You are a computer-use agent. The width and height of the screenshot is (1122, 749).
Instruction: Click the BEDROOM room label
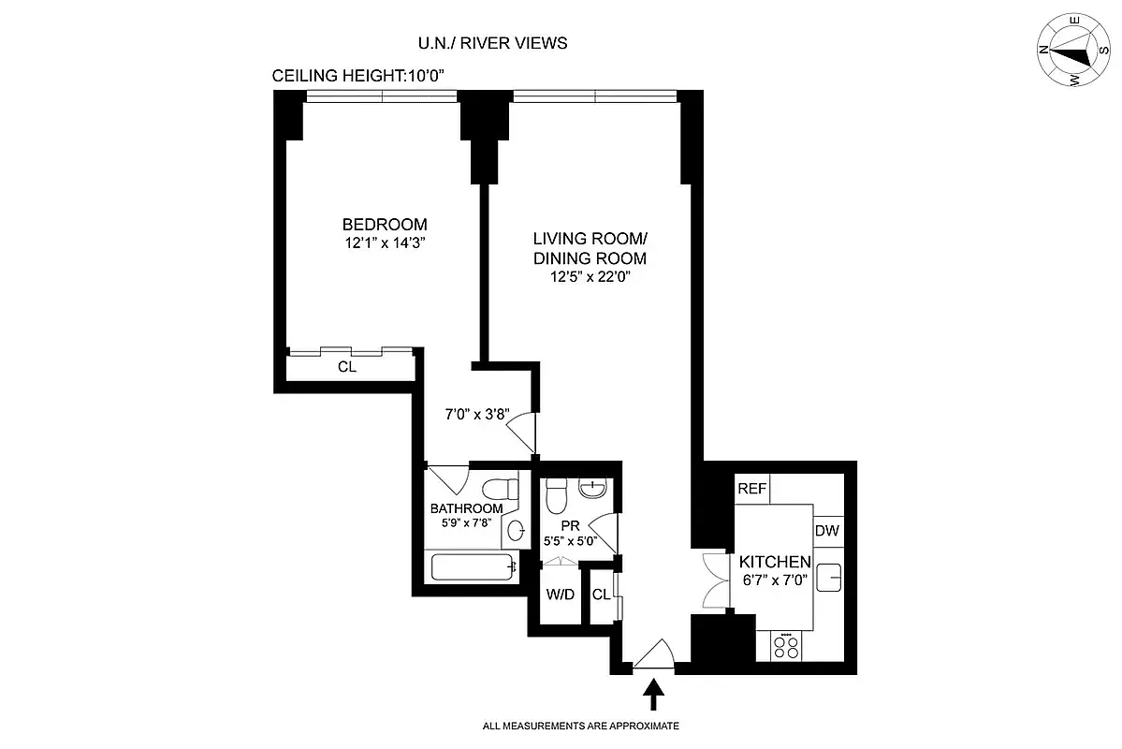pos(385,225)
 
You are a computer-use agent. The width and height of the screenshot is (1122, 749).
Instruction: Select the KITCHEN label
pos(774,562)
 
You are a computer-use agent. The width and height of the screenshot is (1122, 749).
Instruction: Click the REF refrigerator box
pos(751,489)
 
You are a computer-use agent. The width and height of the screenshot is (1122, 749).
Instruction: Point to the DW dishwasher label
pos(827,531)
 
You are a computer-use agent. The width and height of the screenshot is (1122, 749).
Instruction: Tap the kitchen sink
pos(829,578)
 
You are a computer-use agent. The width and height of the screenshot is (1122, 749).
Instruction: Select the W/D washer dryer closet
pos(560,595)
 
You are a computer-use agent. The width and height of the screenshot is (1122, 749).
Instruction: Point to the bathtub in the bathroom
pos(473,566)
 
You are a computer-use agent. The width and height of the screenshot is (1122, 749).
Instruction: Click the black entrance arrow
pos(654,698)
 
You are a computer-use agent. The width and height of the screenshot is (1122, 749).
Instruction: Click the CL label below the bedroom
pos(347,367)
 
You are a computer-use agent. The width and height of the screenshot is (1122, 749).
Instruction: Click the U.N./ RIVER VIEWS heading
pos(492,43)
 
